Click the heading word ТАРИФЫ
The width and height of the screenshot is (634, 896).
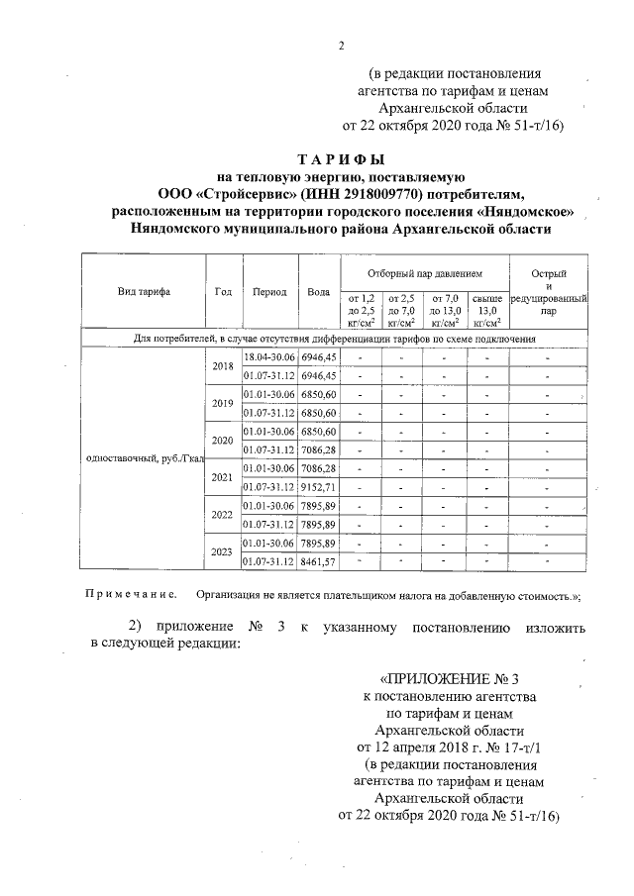coord(340,160)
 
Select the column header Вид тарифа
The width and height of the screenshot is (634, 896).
coord(144,292)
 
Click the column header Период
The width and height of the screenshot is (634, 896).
coord(269,292)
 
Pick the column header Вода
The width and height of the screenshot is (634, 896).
coord(319,292)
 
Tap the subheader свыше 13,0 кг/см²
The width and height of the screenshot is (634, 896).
coord(487,309)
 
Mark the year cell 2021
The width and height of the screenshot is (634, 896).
coord(223,476)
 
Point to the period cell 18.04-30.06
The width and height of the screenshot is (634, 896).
coord(269,356)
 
